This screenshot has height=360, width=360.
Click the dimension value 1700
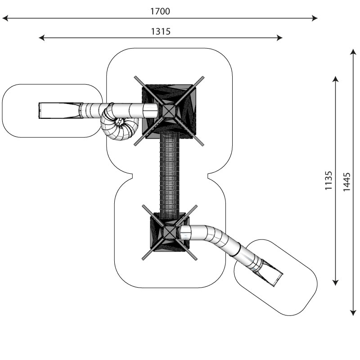160,11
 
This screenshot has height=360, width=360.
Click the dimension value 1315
161,31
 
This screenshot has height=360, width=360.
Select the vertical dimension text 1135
328,180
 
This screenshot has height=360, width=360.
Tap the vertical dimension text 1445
346,182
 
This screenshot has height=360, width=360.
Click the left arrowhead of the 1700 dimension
5,18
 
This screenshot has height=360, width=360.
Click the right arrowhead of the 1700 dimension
315,18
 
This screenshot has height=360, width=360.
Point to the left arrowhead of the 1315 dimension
41,38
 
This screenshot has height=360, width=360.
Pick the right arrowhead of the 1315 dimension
279,38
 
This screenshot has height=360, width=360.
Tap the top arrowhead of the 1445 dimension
353,52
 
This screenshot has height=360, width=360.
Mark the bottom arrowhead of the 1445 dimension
353,313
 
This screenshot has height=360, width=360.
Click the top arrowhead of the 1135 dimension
335,79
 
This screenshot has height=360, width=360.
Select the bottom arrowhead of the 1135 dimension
335,283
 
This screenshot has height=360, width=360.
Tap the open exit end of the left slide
40,111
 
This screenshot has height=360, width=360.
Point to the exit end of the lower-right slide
278,280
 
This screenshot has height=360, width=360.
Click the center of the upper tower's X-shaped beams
169,111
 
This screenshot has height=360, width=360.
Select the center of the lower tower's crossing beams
170,232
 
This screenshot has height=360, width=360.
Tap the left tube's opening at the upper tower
150,110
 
